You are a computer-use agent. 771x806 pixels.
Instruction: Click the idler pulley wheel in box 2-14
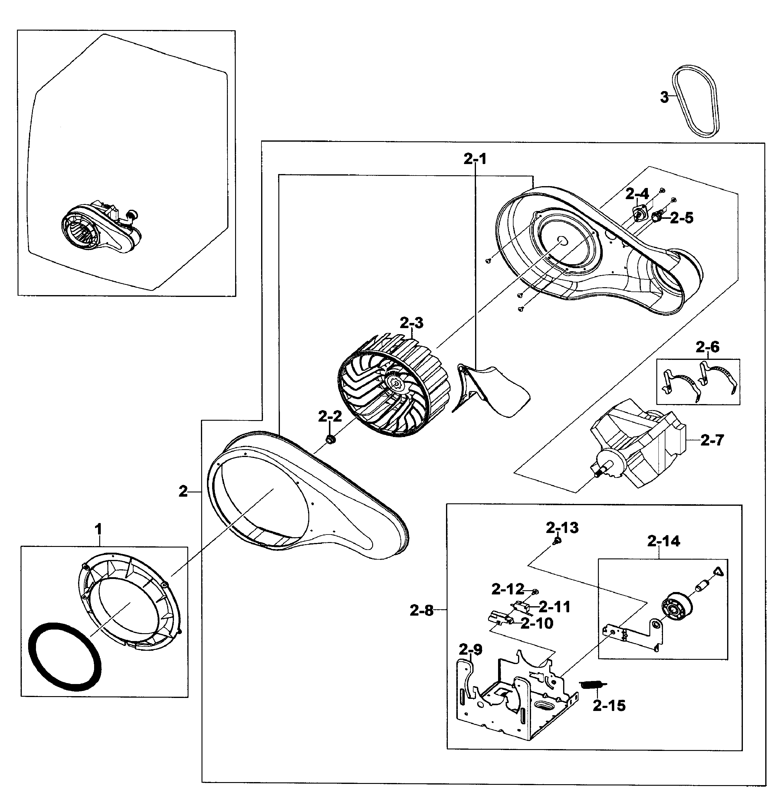pyautogui.click(x=676, y=607)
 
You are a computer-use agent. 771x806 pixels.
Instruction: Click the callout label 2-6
pyautogui.click(x=708, y=347)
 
